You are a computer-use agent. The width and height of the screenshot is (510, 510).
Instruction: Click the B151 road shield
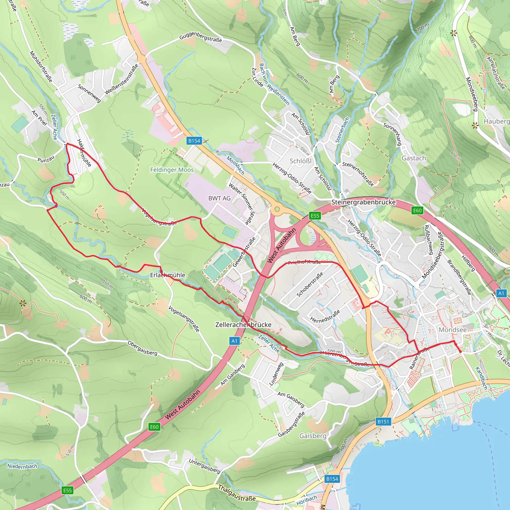tap(383, 422)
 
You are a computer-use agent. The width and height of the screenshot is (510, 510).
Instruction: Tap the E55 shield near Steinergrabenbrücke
tap(315, 216)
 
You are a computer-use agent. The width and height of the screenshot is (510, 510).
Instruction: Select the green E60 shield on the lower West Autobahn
tap(154, 427)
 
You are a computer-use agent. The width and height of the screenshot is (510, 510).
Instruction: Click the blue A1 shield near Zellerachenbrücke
tap(234, 341)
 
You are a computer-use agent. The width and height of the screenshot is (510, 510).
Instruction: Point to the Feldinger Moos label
tap(172, 170)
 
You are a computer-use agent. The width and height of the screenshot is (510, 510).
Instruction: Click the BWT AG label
tap(219, 198)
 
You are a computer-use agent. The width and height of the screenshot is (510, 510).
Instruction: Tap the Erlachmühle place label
tap(168, 275)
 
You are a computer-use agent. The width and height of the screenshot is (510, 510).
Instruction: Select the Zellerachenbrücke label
tap(243, 325)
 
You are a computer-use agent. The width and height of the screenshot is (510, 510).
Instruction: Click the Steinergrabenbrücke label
tap(364, 202)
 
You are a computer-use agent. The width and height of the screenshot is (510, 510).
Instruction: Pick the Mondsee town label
tap(453, 330)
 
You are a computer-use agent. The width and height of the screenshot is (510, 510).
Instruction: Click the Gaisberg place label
tap(313, 436)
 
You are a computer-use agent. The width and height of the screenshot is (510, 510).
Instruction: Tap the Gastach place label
tap(414, 158)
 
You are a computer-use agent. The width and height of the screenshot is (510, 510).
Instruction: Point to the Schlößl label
tap(301, 161)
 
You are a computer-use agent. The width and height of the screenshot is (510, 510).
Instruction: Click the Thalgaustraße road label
tap(237, 493)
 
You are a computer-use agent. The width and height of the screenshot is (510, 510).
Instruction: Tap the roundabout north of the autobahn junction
tap(277, 209)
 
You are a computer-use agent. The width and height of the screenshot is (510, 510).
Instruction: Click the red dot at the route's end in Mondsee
tap(460, 352)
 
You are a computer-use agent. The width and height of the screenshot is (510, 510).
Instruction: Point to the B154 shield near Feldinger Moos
tap(194, 141)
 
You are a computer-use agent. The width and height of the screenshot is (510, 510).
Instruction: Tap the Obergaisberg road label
tap(142, 348)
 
